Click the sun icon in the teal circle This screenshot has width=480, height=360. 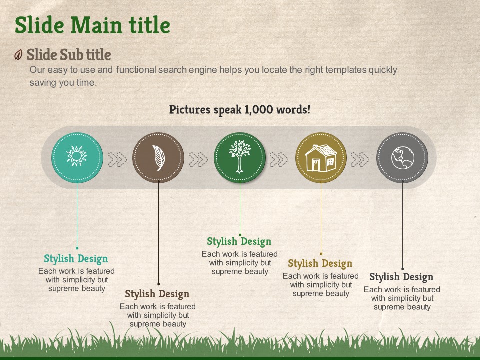tap(77, 156)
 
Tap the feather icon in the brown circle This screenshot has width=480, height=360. tap(159, 158)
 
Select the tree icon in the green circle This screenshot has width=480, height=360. tap(240, 156)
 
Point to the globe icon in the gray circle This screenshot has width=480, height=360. tap(403, 158)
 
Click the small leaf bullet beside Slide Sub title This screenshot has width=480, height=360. tap(18, 55)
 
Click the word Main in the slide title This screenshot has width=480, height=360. tap(96, 25)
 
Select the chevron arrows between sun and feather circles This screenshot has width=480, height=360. tap(117, 159)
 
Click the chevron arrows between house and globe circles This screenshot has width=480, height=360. tap(360, 159)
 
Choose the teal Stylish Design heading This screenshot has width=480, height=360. tap(76, 259)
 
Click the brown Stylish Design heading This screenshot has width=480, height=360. tap(157, 294)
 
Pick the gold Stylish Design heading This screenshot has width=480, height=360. tap(320, 263)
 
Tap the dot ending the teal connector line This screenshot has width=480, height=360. tap(77, 248)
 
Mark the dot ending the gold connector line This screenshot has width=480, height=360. tap(321, 254)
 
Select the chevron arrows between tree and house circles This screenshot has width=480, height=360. tap(279, 159)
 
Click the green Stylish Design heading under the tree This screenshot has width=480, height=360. tap(239, 242)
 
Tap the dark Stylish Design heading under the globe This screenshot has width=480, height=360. tap(401, 277)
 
